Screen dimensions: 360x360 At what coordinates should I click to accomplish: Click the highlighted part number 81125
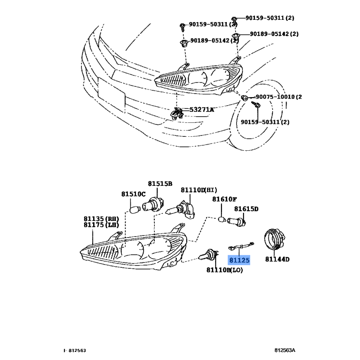coord(239,260)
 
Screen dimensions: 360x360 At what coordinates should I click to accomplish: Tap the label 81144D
coord(277,259)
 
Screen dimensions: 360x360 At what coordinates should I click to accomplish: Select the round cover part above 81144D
coord(274,240)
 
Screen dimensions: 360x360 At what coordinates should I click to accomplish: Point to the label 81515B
coord(160,184)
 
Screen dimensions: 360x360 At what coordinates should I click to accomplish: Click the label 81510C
coord(133,194)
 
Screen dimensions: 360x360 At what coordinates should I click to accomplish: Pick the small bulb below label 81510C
coord(135,210)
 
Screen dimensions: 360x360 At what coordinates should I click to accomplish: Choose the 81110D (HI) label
coord(199,190)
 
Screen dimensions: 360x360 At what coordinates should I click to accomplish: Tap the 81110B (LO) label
coord(225,270)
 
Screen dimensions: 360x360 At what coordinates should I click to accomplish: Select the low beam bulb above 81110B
coord(208,255)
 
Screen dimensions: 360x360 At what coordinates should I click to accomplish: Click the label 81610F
coord(224,199)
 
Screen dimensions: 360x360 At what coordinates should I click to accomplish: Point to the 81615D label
coord(246,209)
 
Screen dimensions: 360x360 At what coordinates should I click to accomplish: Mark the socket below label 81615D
coord(237,222)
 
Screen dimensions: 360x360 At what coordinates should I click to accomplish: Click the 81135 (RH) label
coord(101,219)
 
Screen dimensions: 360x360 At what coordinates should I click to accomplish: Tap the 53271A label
coord(202,110)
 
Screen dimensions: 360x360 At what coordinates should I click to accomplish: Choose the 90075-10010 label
coord(275,97)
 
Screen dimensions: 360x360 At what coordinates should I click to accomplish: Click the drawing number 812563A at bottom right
coord(285,351)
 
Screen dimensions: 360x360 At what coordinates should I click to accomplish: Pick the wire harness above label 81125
coord(241,246)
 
